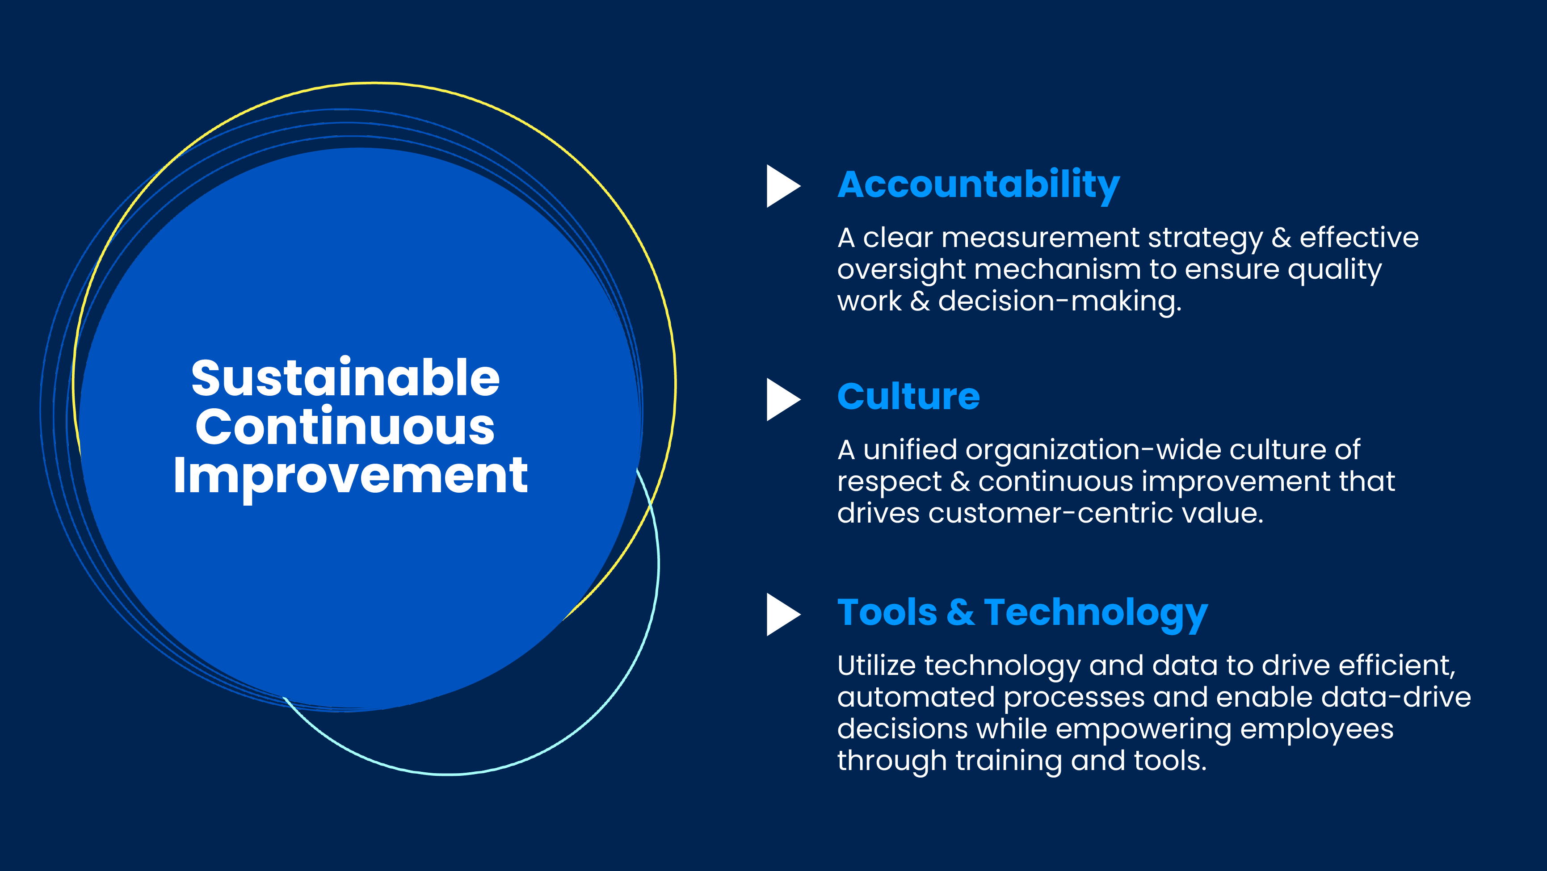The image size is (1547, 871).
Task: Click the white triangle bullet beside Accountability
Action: (x=783, y=186)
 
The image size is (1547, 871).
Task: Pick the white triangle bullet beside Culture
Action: (x=783, y=400)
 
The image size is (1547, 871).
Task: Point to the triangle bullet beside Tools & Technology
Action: (x=783, y=615)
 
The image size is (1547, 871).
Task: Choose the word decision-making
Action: (x=1060, y=302)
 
